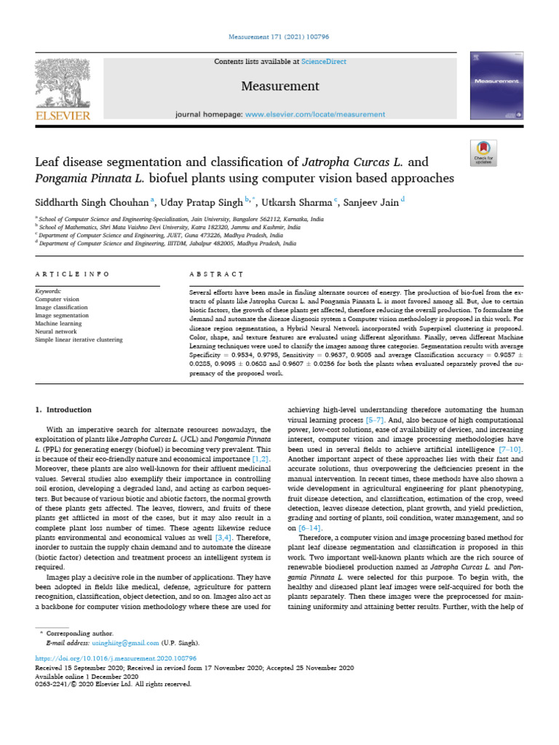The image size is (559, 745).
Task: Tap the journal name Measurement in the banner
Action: tap(280, 87)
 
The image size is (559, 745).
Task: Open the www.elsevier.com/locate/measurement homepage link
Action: tap(314, 114)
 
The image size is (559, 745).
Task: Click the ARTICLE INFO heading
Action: tap(72, 274)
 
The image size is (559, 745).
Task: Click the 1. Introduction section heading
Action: tap(64, 410)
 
